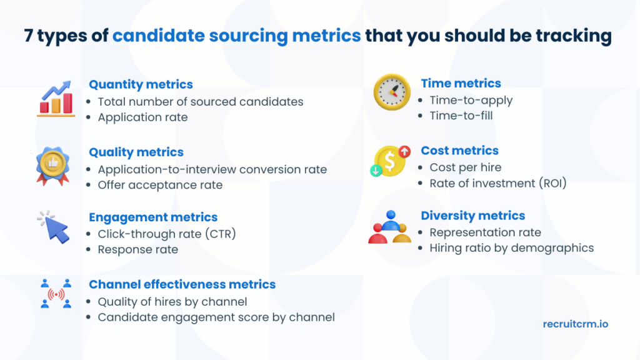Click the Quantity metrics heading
[141, 84]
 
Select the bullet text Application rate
[142, 117]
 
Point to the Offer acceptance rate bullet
[160, 185]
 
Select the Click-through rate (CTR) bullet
[166, 234]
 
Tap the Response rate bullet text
[137, 249]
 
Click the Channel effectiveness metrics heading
[182, 284]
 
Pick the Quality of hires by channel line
[172, 302]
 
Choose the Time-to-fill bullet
[461, 116]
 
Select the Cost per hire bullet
[465, 167]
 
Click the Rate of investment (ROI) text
[497, 183]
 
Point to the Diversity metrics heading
[472, 216]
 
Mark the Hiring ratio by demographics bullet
[511, 248]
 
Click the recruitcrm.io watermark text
[575, 324]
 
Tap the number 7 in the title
[29, 36]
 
